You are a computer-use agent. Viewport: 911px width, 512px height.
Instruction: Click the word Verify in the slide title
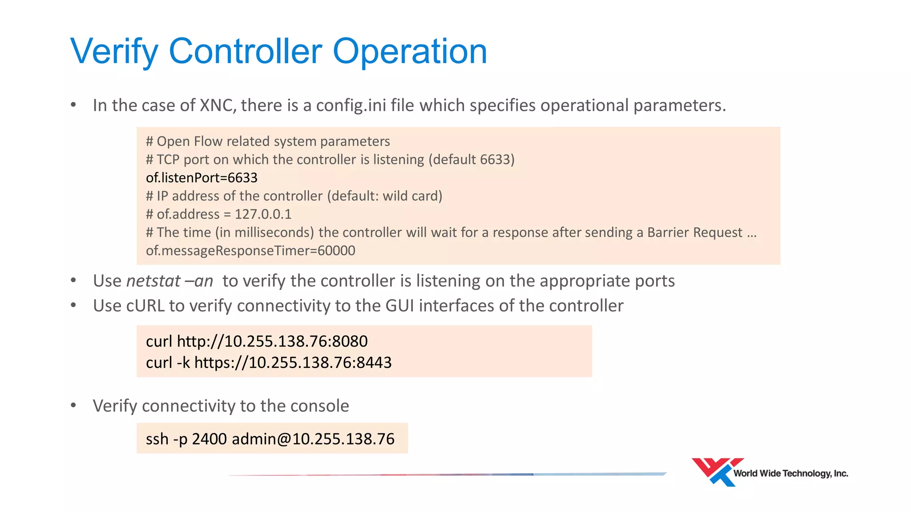pyautogui.click(x=114, y=52)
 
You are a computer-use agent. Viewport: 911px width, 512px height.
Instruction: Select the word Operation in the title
pyautogui.click(x=410, y=52)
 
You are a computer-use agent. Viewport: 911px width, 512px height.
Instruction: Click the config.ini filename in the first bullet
pyautogui.click(x=351, y=106)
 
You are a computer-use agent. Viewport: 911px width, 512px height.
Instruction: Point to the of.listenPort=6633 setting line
pyautogui.click(x=202, y=178)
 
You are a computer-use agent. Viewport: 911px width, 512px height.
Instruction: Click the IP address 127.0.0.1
pyautogui.click(x=263, y=214)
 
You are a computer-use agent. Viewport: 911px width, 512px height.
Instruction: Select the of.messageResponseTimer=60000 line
pyautogui.click(x=250, y=251)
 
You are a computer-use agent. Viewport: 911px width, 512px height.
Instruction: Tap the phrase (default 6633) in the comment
pyautogui.click(x=472, y=160)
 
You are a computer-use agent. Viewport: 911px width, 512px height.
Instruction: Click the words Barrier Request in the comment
pyautogui.click(x=694, y=232)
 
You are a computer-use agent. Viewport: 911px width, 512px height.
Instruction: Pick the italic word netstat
pyautogui.click(x=153, y=281)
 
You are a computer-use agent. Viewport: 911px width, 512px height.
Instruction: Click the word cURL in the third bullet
pyautogui.click(x=145, y=306)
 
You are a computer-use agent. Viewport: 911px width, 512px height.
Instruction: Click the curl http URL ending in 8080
pyautogui.click(x=272, y=341)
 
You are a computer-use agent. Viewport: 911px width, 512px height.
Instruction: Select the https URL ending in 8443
pyautogui.click(x=293, y=363)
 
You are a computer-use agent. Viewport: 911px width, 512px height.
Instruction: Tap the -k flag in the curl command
pyautogui.click(x=183, y=363)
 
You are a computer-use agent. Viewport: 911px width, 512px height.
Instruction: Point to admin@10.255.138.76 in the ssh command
pyautogui.click(x=313, y=439)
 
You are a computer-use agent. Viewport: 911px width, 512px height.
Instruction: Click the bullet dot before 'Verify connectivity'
pyautogui.click(x=73, y=406)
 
